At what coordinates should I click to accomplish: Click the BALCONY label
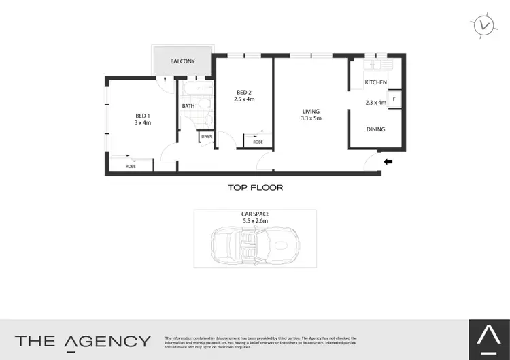[x=182, y=61]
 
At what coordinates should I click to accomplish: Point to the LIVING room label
[x=311, y=111]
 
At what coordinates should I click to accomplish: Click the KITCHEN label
[x=375, y=82]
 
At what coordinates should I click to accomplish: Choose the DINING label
[x=375, y=129]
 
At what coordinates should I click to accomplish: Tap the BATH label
[x=188, y=105]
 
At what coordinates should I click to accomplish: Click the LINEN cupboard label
[x=206, y=137]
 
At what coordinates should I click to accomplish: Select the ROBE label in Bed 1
[x=130, y=166]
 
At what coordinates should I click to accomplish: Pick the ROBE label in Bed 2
[x=258, y=142]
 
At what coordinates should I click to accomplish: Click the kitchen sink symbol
[x=378, y=65]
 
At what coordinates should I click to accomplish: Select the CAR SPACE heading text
[x=255, y=214]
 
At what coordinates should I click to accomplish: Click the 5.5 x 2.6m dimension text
[x=255, y=221]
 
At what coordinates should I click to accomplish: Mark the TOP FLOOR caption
[x=255, y=187]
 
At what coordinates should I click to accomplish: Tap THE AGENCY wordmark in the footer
[x=83, y=341]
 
